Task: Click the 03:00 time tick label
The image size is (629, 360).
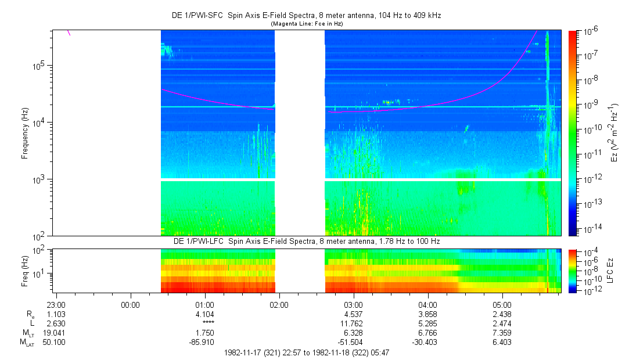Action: pyautogui.click(x=353, y=305)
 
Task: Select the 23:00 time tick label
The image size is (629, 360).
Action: pyautogui.click(x=56, y=305)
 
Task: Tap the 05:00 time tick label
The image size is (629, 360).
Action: pyautogui.click(x=502, y=305)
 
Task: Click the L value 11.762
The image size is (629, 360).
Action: pyautogui.click(x=353, y=323)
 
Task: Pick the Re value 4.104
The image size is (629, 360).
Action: pyautogui.click(x=204, y=314)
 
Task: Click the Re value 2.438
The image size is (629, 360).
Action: pyautogui.click(x=502, y=314)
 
